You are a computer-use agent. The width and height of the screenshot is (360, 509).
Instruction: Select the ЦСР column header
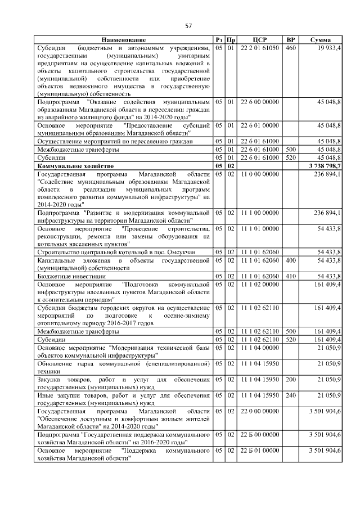click(x=259, y=40)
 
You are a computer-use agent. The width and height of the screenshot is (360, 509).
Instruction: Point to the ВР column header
click(x=290, y=40)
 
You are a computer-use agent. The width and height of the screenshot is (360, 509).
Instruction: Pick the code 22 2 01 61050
click(x=259, y=49)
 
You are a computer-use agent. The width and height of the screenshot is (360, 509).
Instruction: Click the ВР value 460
click(x=290, y=49)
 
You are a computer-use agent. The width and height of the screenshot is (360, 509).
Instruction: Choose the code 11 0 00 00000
click(x=259, y=175)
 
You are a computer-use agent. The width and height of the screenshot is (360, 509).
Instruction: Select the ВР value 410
click(x=290, y=276)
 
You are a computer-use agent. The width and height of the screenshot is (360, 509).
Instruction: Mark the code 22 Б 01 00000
click(x=259, y=451)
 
